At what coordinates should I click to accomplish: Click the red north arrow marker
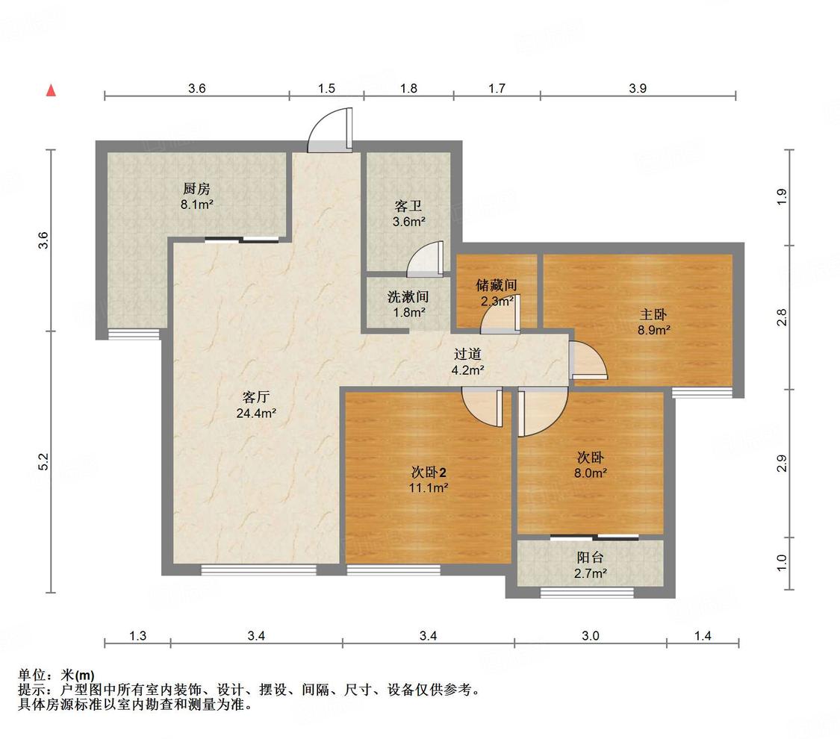tap(52, 90)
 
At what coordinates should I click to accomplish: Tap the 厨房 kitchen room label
tap(196, 189)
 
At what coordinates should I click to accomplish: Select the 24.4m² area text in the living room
tap(256, 413)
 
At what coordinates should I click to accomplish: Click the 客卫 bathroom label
tap(408, 206)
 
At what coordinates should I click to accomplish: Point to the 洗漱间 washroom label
tap(408, 296)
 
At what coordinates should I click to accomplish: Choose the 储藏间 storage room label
tap(496, 285)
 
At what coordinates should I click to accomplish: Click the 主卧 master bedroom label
tap(653, 314)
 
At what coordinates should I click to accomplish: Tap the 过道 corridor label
tap(467, 354)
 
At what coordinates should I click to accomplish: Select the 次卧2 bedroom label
tap(429, 473)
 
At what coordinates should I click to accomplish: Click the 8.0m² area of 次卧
tap(591, 473)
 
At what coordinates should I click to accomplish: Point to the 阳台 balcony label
tap(591, 558)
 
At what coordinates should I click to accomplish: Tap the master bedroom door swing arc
tap(589, 360)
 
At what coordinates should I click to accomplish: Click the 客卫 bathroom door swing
tap(425, 259)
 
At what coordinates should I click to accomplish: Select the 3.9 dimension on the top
tap(638, 88)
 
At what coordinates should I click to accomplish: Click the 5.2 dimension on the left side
tap(44, 461)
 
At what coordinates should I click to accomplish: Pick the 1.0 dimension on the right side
tap(782, 563)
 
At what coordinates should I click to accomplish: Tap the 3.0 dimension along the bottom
tap(591, 636)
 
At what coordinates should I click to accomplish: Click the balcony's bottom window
tap(587, 592)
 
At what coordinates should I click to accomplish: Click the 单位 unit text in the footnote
tap(31, 676)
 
